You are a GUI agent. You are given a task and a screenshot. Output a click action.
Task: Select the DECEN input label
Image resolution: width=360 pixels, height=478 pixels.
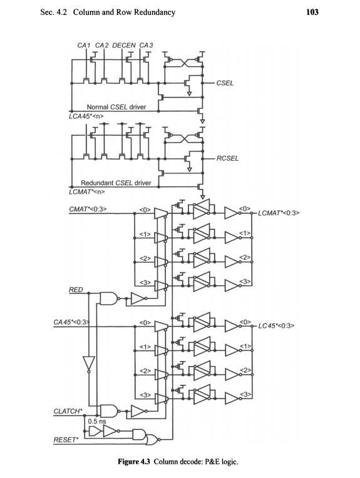tap(124, 45)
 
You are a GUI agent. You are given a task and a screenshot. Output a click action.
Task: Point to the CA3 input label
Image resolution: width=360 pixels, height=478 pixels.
tap(147, 45)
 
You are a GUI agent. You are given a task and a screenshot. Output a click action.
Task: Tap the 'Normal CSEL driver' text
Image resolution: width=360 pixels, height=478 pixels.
tap(116, 107)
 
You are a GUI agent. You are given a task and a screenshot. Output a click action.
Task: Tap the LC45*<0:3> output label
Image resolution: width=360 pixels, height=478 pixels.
tap(276, 326)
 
